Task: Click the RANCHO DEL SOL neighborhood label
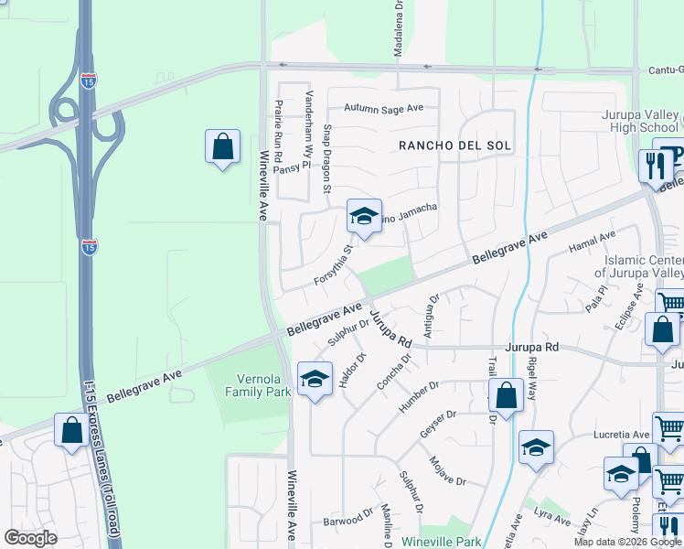click(454, 146)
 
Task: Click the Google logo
click(30, 538)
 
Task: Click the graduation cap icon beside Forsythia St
click(364, 217)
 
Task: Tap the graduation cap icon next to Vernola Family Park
click(314, 379)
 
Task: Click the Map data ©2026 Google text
click(627, 542)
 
